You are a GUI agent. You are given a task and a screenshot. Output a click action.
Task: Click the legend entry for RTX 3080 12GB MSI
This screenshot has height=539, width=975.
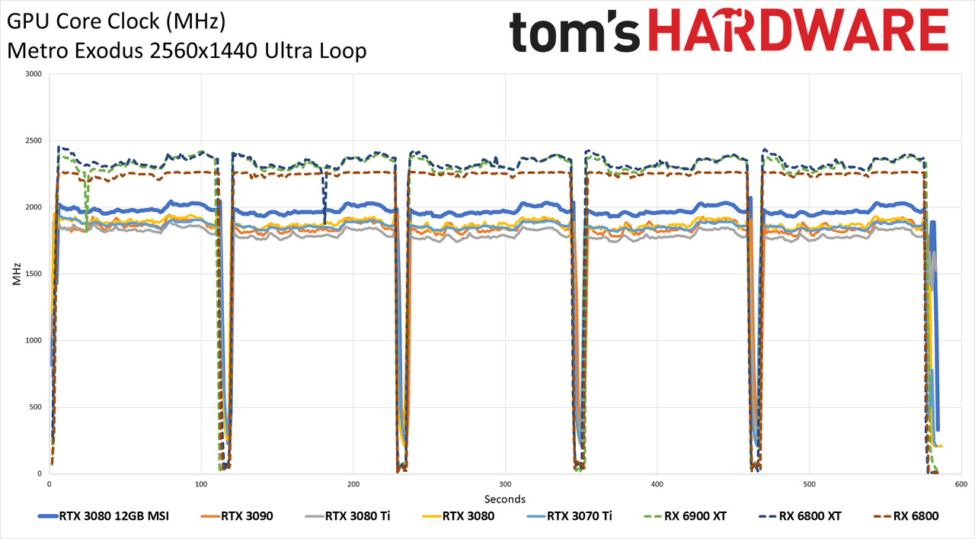[104, 516]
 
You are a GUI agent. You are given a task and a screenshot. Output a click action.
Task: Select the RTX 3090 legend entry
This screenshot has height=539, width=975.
[237, 516]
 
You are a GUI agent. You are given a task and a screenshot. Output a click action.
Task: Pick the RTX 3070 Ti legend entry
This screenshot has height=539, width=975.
[569, 516]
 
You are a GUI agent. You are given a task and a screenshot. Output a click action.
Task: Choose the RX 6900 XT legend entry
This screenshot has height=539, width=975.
[685, 516]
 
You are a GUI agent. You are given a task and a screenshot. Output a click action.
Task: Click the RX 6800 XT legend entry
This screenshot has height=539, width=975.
[800, 516]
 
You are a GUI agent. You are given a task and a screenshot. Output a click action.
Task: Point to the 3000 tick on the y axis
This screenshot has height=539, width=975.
[34, 74]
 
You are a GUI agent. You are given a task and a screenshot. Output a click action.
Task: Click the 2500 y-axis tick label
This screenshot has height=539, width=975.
[34, 141]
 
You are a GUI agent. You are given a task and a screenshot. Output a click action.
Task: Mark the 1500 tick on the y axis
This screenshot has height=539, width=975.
[34, 274]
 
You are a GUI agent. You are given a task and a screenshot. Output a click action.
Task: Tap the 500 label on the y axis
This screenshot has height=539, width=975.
[36, 407]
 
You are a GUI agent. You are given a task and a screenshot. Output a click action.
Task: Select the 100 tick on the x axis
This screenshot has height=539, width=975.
[201, 484]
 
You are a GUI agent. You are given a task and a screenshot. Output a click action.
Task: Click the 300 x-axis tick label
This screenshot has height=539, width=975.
[505, 484]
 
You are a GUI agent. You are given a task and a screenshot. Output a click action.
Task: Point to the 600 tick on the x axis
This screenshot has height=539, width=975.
[961, 484]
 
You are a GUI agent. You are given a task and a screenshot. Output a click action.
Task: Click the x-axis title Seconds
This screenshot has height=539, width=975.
[505, 499]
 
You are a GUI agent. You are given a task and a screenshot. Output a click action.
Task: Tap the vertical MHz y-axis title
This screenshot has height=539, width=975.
[17, 274]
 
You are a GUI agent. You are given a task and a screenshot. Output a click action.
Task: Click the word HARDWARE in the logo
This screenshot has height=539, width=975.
[798, 30]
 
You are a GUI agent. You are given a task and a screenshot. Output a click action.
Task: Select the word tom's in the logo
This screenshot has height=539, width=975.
[574, 31]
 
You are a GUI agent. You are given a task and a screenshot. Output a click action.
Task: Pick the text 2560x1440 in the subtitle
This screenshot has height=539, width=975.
[204, 51]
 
